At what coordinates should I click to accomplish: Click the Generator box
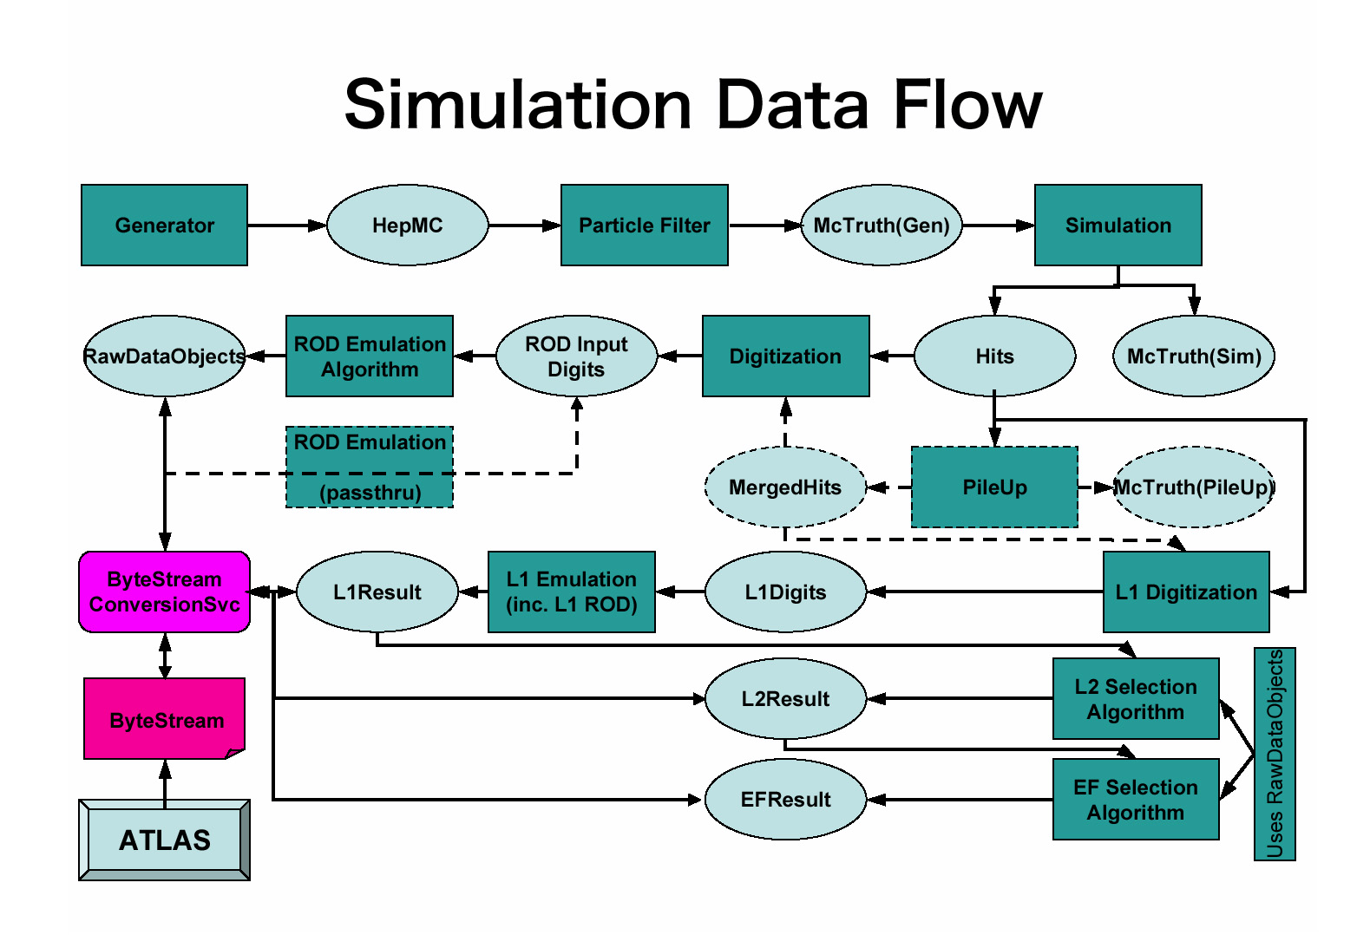tap(164, 226)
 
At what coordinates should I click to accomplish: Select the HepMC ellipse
tap(407, 226)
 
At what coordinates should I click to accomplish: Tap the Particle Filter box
tap(644, 226)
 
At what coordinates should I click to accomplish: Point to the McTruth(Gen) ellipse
tap(881, 226)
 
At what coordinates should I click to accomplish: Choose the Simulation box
tap(1118, 226)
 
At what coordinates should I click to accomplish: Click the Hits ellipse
tap(994, 356)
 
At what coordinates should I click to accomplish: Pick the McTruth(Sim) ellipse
tap(1193, 356)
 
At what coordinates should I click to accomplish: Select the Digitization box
tap(785, 356)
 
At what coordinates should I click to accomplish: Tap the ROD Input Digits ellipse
tap(576, 356)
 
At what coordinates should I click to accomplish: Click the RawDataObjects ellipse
tap(164, 356)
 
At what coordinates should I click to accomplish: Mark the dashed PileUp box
tap(994, 487)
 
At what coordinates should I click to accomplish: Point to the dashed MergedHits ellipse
tap(785, 487)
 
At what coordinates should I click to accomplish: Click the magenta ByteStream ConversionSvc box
tap(164, 592)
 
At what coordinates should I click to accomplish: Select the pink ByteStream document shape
tap(164, 720)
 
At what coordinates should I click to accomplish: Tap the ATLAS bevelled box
tap(164, 840)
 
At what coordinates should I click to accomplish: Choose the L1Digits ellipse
tap(785, 592)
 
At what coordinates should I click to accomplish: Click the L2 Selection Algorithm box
tap(1135, 699)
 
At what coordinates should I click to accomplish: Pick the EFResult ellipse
tap(785, 800)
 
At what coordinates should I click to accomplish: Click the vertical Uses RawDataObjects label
tap(1275, 754)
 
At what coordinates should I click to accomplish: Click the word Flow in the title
tap(967, 106)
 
